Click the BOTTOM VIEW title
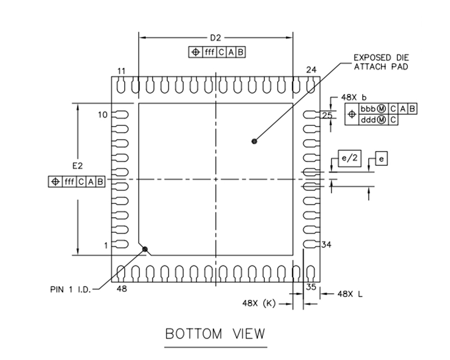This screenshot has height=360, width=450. pos(215,334)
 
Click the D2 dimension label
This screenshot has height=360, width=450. pos(215,38)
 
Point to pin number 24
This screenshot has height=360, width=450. pos(311,70)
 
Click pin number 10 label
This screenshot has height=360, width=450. pos(102,115)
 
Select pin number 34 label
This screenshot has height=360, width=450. pos(327,245)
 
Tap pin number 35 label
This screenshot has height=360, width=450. pos(311,287)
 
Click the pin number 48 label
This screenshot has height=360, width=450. pos(121,289)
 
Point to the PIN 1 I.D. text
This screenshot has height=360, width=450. pos(68,289)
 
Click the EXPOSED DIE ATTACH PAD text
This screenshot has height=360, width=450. pos(380,62)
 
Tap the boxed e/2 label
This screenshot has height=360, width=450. pos(349,159)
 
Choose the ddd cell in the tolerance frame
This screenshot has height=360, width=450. pos(368,119)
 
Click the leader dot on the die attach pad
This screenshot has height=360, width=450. pos(255,142)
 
